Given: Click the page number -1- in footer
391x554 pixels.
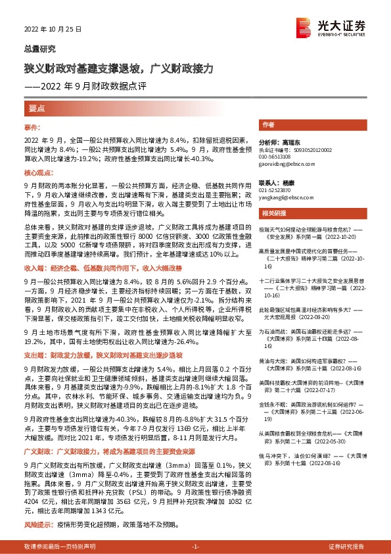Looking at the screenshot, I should [195, 547].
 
